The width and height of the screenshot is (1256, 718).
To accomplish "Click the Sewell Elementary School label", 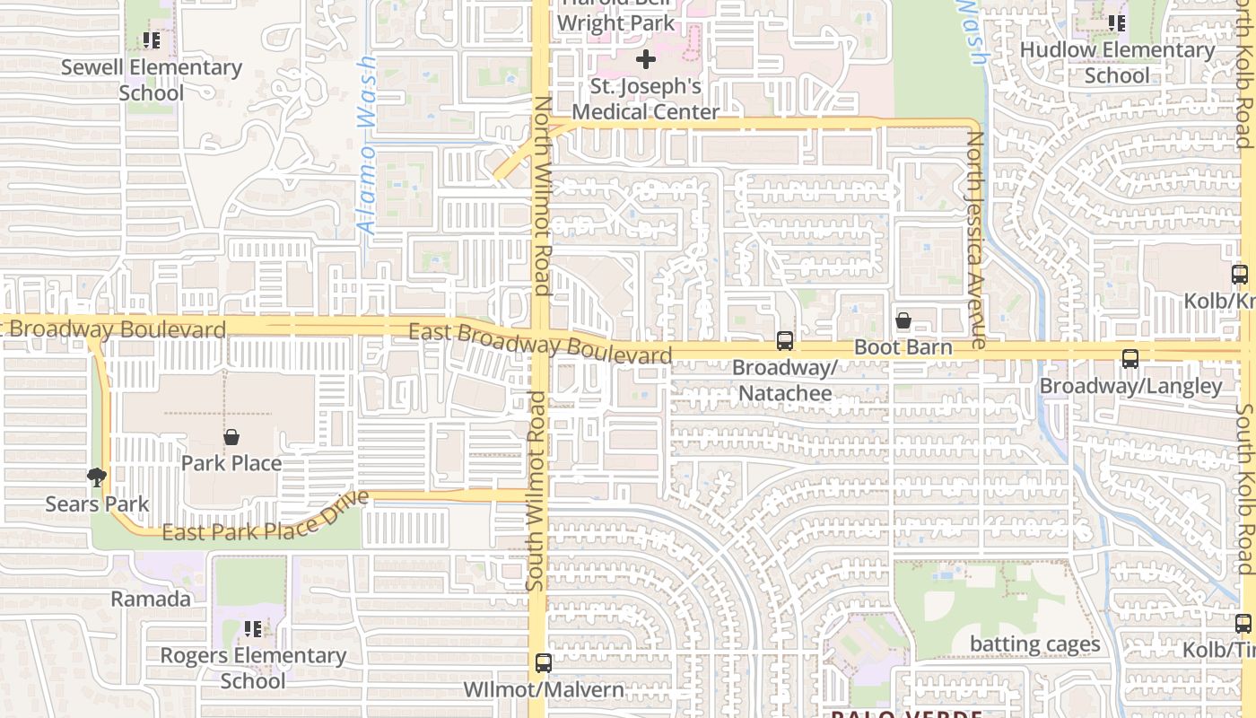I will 151,80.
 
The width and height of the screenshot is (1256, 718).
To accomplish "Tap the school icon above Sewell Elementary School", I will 152,40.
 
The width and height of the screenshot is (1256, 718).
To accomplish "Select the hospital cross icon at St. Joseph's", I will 645,60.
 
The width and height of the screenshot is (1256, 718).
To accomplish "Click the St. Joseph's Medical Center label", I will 645,100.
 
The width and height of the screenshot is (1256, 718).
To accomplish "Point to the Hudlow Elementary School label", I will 1117,63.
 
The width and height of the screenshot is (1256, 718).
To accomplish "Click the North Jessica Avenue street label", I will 975,241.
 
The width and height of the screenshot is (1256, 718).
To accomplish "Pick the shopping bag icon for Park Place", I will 231,437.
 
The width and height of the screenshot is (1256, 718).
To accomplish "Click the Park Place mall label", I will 231,463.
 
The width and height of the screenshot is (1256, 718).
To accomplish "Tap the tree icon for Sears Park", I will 96,477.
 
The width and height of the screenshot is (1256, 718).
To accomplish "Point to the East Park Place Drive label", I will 266,521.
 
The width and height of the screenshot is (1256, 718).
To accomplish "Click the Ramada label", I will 151,599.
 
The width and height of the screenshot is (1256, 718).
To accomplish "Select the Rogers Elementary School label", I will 253,668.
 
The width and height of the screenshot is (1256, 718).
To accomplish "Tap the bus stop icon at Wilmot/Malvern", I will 543,663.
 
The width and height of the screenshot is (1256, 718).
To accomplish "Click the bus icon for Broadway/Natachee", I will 785,340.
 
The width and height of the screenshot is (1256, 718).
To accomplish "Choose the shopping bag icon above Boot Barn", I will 903,320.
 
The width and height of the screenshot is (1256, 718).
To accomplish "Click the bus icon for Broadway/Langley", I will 1130,359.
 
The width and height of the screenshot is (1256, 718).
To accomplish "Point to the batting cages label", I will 1034,644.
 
